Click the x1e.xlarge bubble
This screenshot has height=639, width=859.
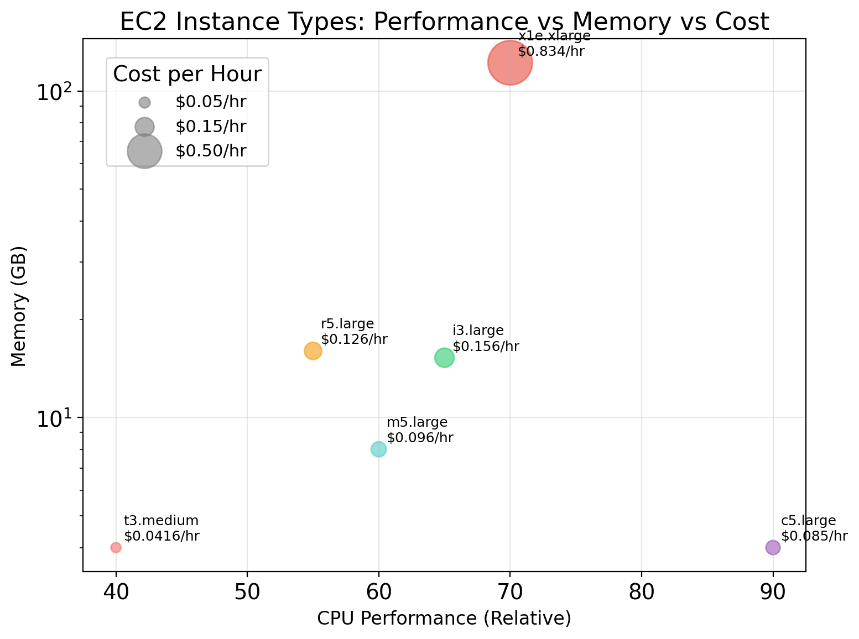tap(510, 63)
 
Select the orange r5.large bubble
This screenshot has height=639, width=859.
tap(313, 351)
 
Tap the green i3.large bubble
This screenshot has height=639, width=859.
tap(444, 358)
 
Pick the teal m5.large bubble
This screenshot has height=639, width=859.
tap(378, 449)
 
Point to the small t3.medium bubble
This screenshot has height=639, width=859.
tap(116, 547)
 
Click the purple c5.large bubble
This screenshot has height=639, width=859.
tap(773, 547)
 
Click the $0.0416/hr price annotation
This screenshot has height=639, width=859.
tap(162, 536)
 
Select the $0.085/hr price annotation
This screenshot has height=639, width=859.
tap(814, 536)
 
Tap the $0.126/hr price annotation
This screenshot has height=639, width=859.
tap(354, 339)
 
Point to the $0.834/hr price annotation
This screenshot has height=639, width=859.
tap(551, 52)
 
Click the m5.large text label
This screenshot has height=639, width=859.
tap(417, 423)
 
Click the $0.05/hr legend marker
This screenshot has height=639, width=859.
tap(144, 102)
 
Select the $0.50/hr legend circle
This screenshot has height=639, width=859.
tap(144, 151)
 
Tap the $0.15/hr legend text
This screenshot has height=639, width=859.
tap(211, 127)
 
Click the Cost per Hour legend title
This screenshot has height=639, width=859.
tap(187, 75)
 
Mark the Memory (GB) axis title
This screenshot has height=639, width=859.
tap(19, 306)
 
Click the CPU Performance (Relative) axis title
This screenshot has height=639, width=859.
tap(444, 619)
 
